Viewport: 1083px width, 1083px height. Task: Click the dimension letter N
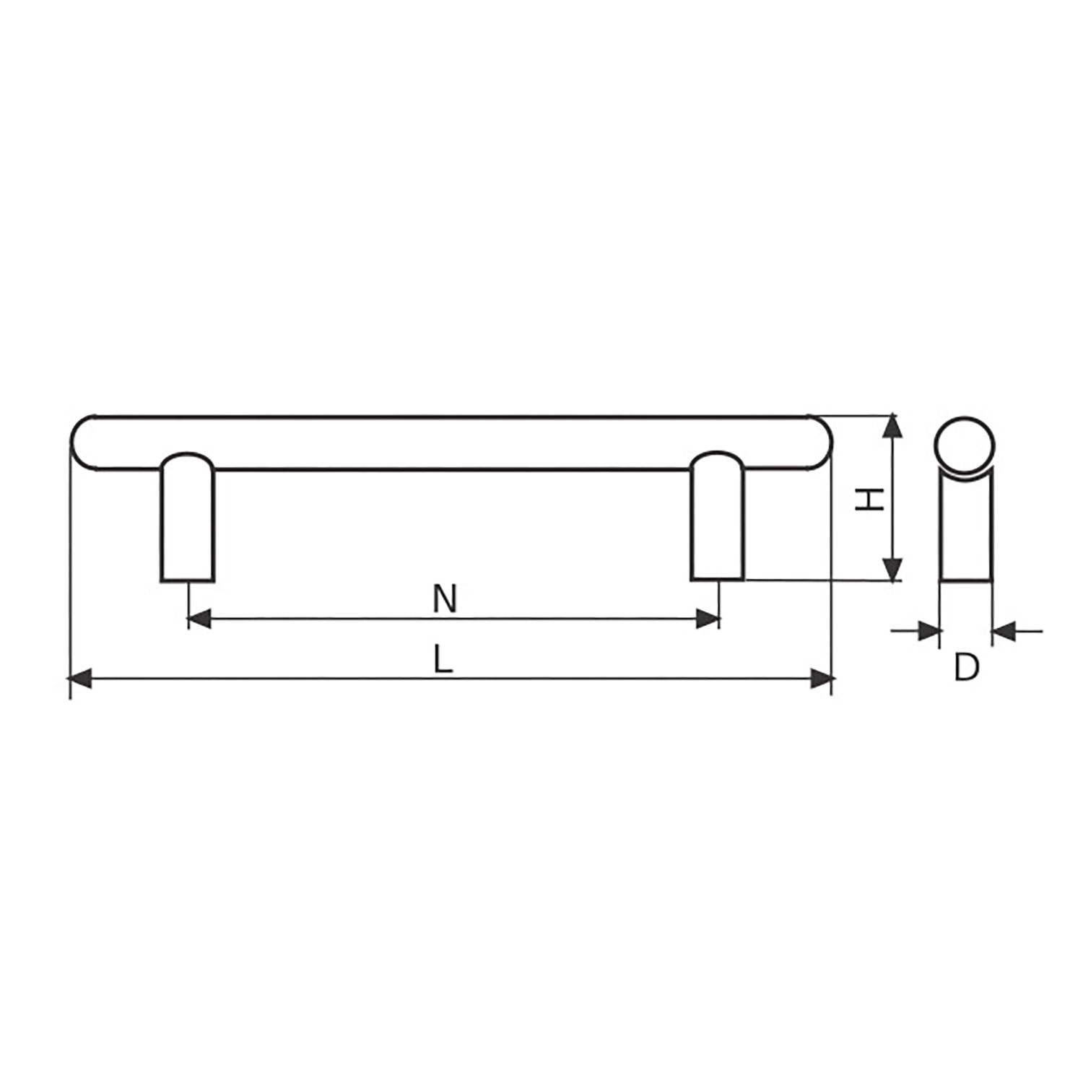(445, 599)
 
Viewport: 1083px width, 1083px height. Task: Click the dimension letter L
(443, 660)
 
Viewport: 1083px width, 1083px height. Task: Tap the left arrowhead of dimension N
(199, 619)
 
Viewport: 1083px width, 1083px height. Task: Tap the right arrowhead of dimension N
(708, 619)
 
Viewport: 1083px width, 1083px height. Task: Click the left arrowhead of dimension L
(79, 679)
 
